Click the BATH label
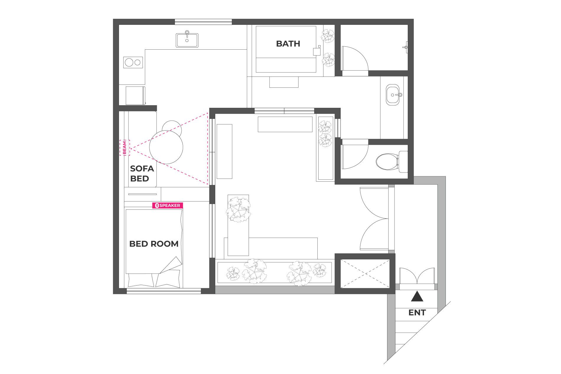click(288, 44)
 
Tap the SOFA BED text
click(142, 173)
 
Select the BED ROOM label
click(154, 244)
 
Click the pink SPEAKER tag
click(168, 205)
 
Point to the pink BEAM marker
click(125, 147)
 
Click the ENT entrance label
click(417, 313)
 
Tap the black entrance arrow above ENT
click(417, 296)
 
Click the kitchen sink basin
click(187, 40)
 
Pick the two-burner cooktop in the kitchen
click(133, 62)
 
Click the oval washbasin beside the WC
click(393, 95)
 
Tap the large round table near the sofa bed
click(166, 147)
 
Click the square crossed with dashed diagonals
click(365, 274)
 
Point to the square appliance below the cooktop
click(136, 95)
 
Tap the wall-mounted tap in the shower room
click(405, 47)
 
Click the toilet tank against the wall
click(403, 162)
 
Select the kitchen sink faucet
click(187, 33)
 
